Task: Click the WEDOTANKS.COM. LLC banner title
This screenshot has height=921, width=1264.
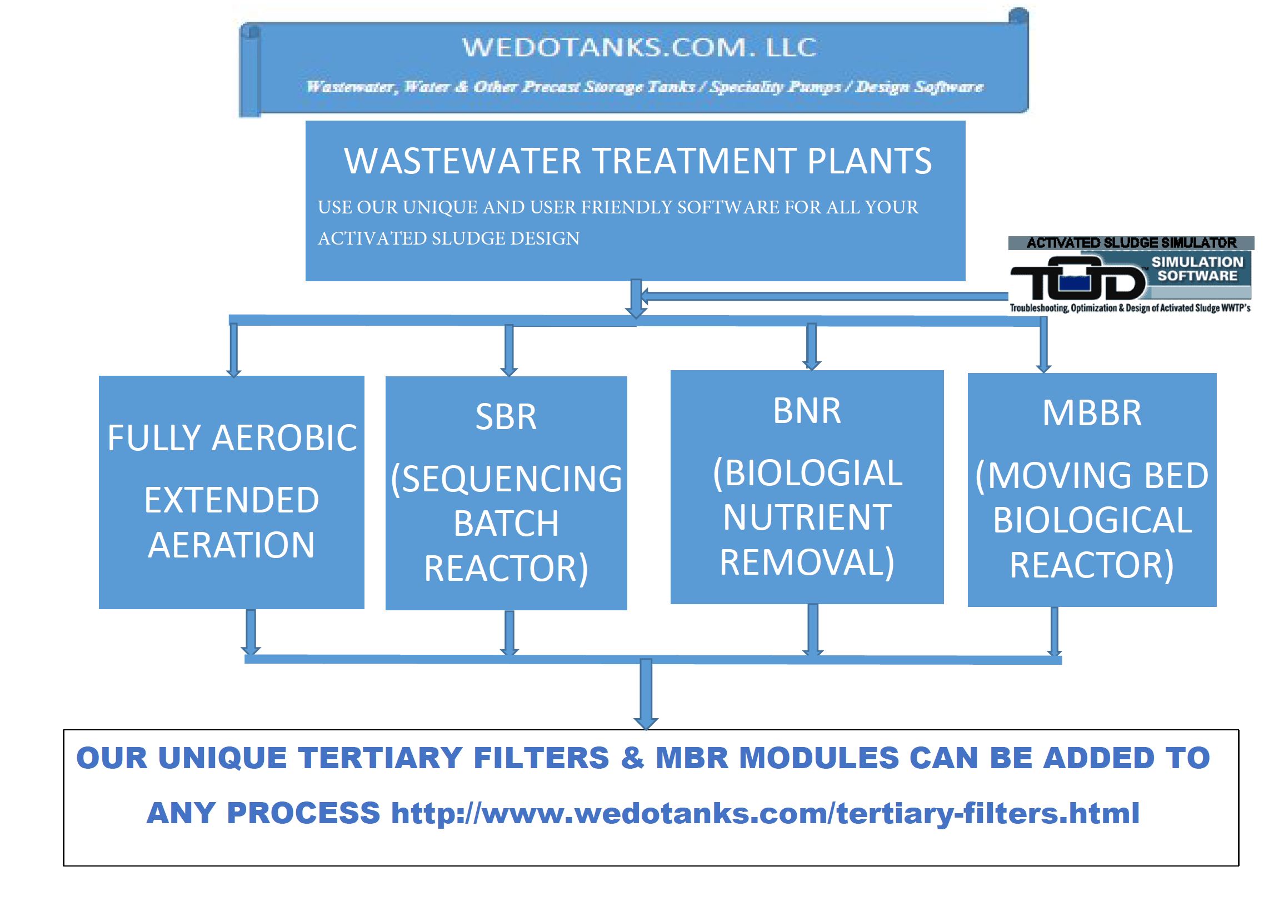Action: pos(640,47)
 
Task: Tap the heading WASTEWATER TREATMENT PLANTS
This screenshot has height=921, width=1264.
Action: pos(638,161)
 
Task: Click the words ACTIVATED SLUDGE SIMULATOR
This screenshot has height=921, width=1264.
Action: pos(1131,243)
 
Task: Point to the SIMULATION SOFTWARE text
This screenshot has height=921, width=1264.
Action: pos(1197,268)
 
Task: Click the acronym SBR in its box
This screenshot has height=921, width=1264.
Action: pos(506,417)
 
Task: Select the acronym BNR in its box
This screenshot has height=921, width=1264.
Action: pos(807,411)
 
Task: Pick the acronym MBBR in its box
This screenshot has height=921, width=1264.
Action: pos(1092,414)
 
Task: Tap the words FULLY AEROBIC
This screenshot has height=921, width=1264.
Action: pos(232,438)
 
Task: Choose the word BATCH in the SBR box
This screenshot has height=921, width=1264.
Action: pos(506,524)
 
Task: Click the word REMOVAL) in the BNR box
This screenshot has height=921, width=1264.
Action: pos(807,563)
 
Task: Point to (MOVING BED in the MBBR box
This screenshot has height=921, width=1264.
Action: pos(1092,476)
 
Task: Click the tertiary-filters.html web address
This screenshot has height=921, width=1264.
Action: pos(765,813)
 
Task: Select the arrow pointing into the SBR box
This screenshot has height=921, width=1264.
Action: pos(509,350)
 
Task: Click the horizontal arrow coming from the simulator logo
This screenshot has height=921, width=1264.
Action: pos(825,296)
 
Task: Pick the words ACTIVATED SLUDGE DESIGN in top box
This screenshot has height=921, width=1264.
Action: pos(448,238)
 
